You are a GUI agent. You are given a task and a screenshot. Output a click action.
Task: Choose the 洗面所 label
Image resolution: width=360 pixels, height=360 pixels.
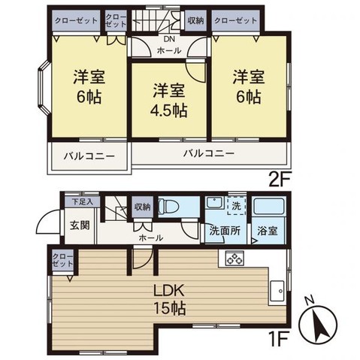point(224,231)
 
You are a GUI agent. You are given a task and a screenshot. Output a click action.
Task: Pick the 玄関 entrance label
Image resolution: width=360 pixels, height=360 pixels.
point(80,225)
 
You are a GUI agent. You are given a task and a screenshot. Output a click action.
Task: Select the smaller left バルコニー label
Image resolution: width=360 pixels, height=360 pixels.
point(89,157)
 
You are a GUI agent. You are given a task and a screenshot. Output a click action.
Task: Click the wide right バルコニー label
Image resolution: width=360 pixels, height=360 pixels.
point(210,153)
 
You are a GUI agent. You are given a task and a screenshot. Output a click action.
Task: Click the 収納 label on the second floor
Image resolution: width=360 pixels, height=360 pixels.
point(195,20)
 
